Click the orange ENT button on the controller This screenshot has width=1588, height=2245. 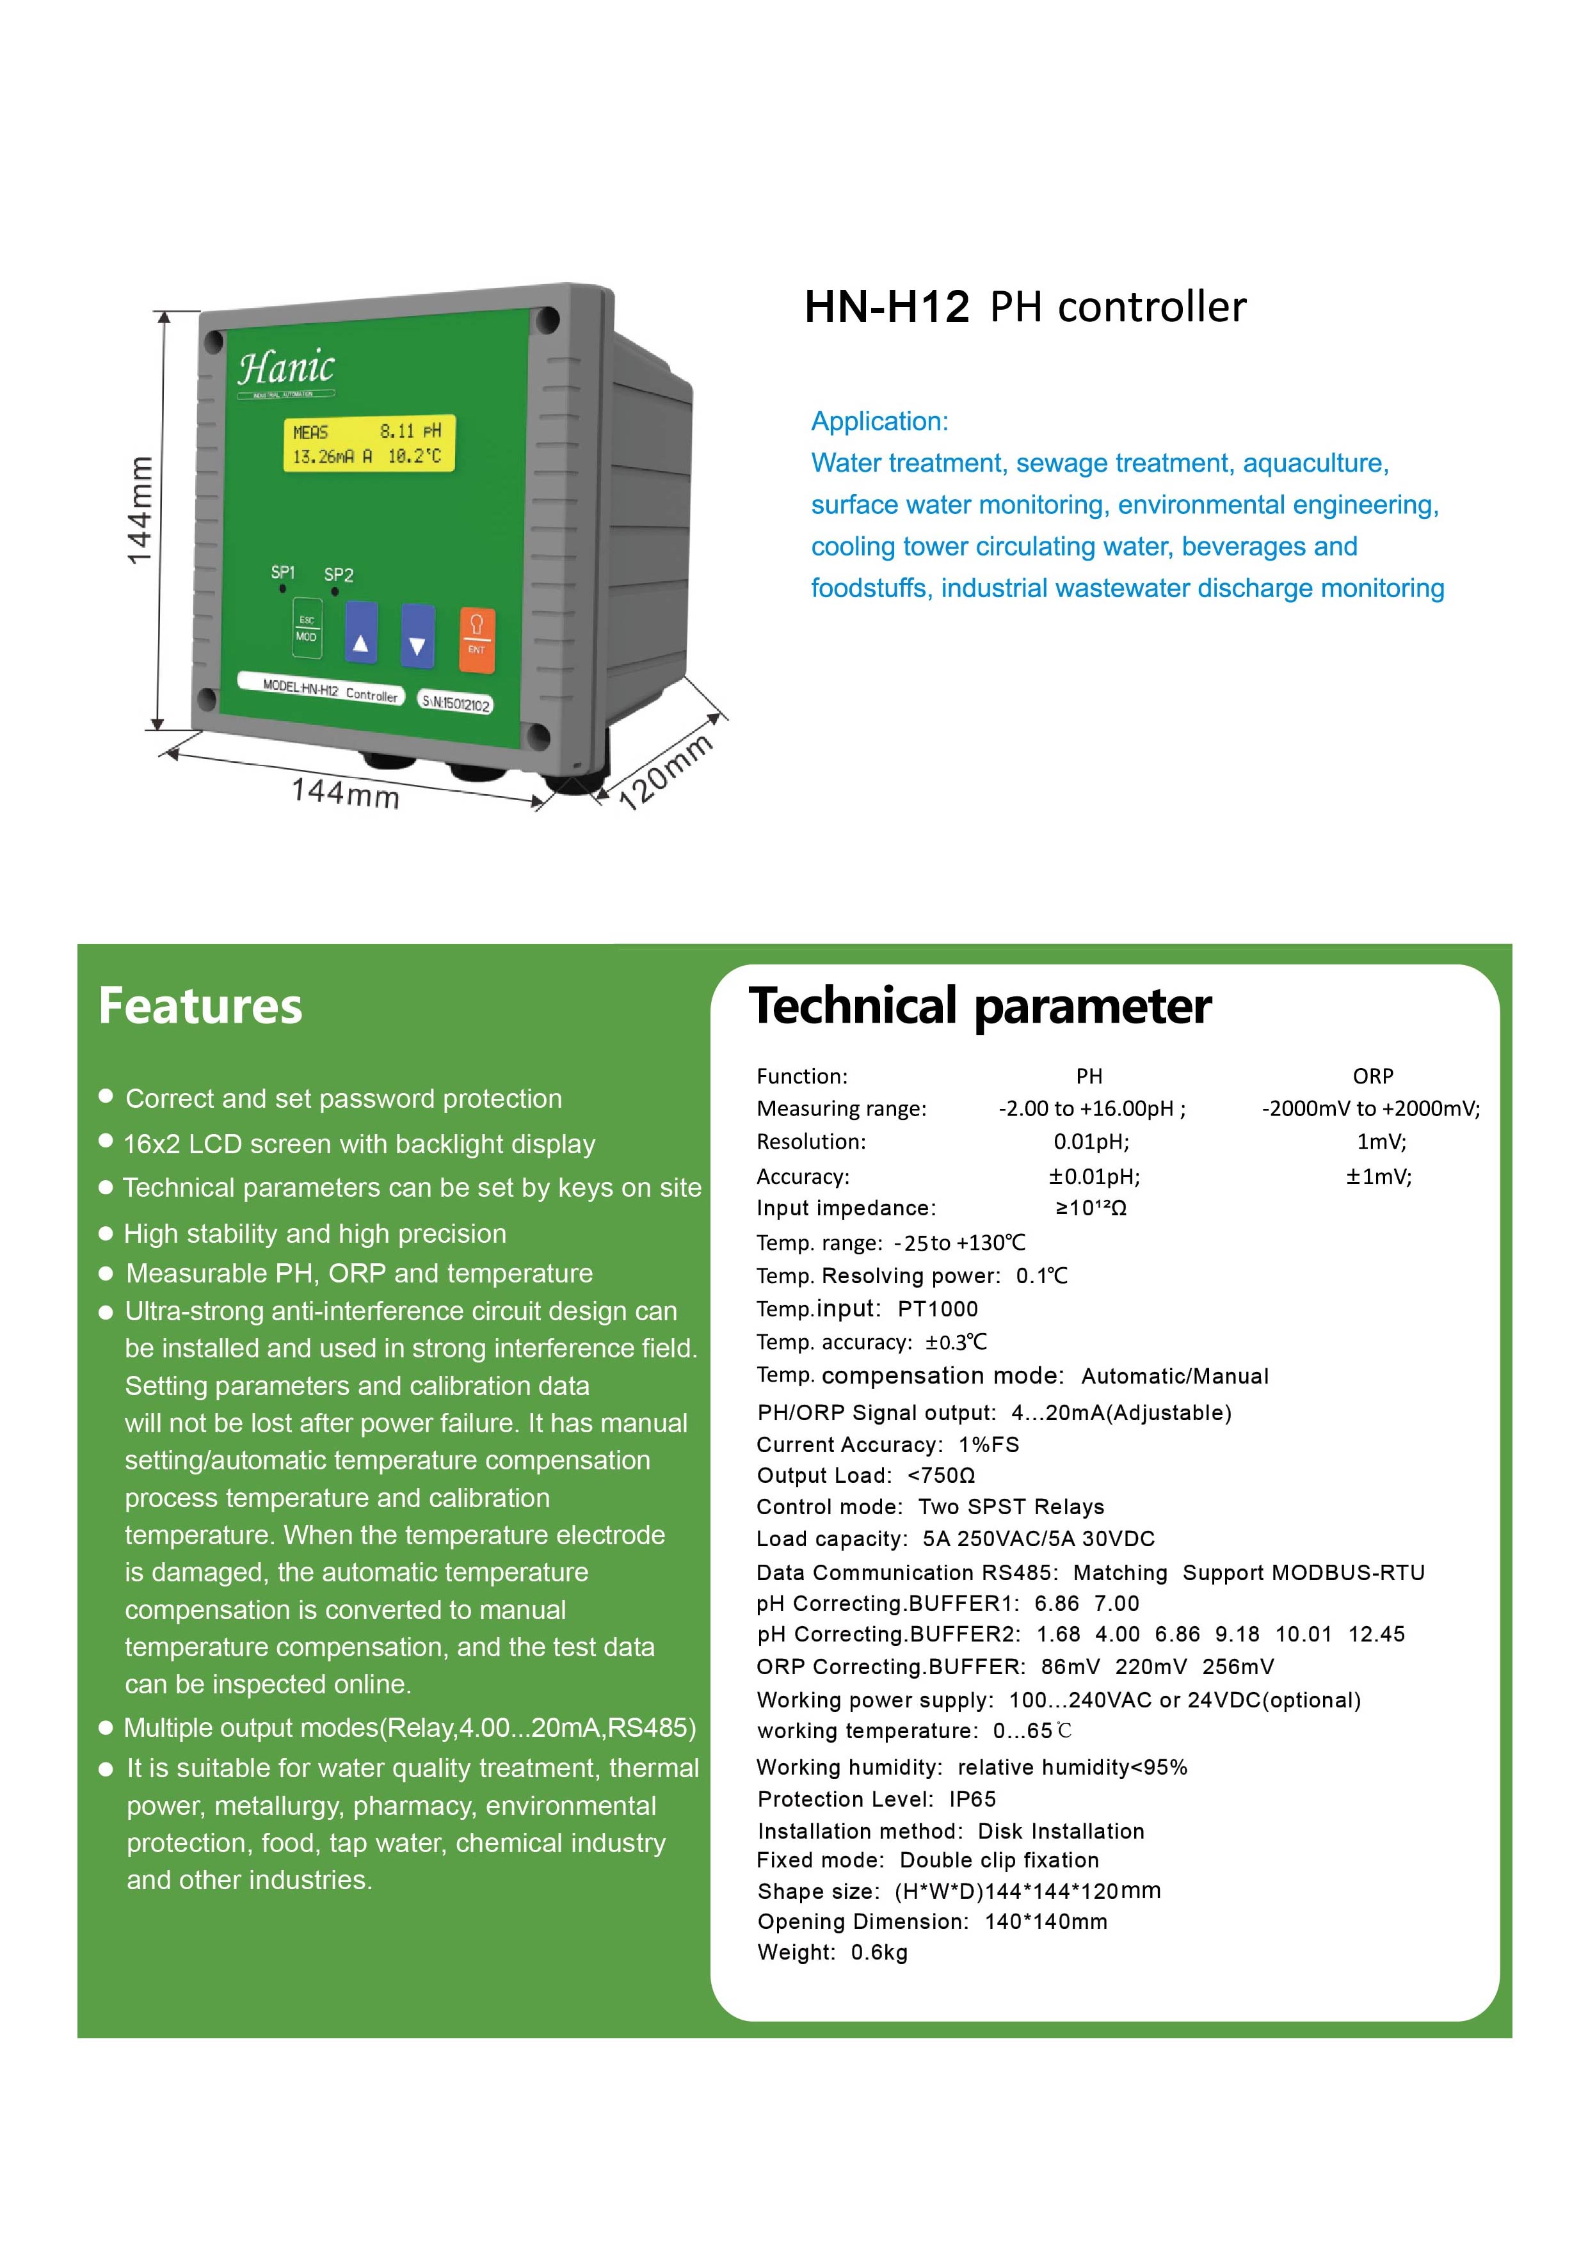[x=476, y=639]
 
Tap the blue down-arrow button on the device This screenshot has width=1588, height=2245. [x=417, y=635]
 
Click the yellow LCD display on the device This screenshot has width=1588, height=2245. [x=369, y=444]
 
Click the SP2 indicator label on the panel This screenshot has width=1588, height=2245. [x=339, y=575]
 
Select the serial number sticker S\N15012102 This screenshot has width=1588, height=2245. [x=456, y=703]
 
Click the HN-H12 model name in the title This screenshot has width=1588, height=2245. [x=886, y=307]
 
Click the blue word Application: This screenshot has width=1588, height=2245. [x=879, y=422]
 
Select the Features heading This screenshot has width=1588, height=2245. [x=200, y=1006]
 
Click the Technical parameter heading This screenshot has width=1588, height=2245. [x=980, y=1006]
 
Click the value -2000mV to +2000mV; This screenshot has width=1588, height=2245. [x=1370, y=1109]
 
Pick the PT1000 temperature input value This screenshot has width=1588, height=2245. [x=937, y=1309]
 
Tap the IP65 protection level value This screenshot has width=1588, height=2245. [x=972, y=1799]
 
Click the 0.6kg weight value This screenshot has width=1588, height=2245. [x=878, y=1953]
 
